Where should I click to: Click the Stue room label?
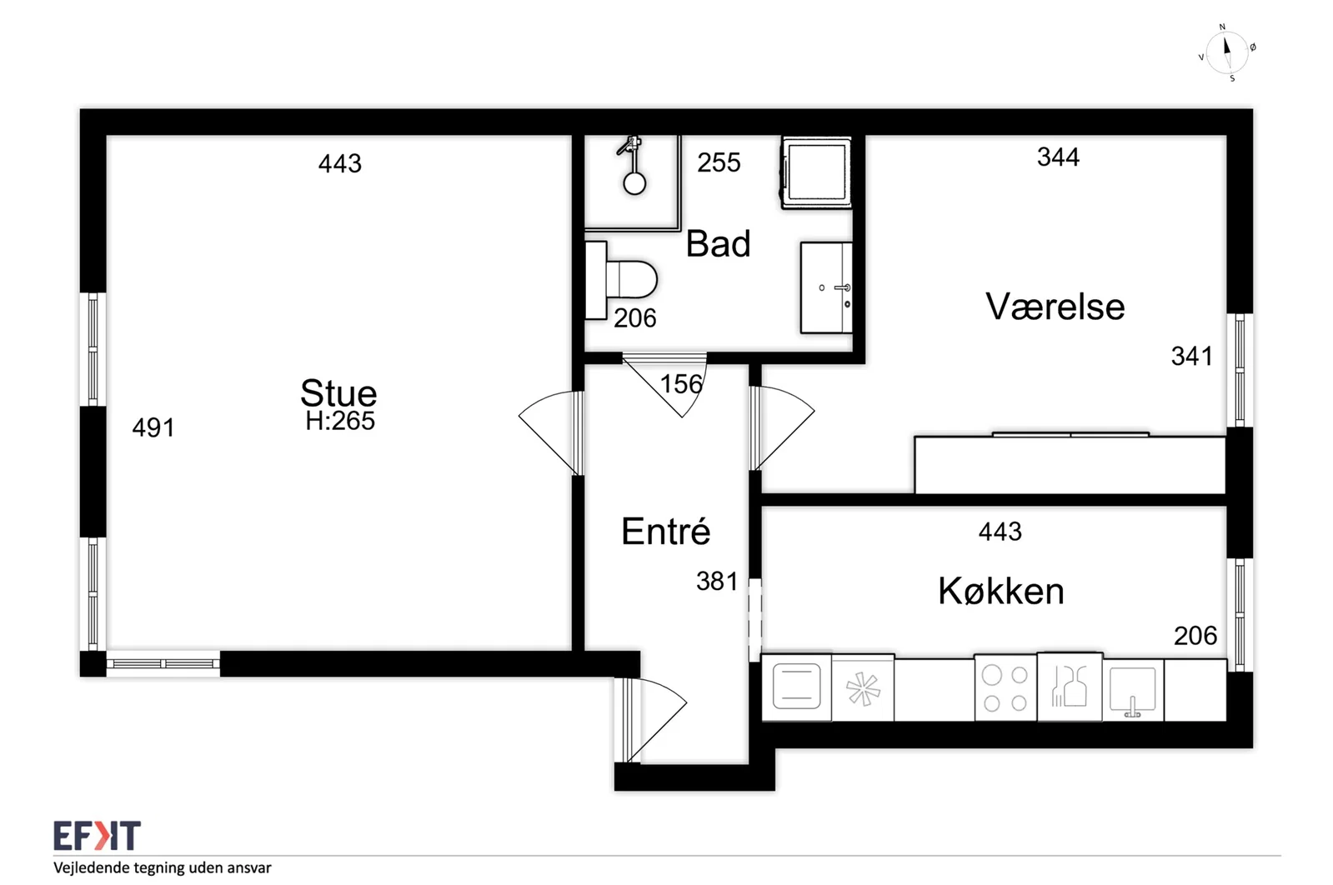pos(338,392)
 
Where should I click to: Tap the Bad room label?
pos(719,244)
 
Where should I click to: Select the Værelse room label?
pos(1055,307)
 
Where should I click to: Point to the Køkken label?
pos(1001,591)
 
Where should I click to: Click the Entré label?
pos(666,531)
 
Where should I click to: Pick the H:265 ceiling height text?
pos(340,421)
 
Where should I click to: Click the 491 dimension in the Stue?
pos(153,427)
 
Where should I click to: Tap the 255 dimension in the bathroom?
pos(719,162)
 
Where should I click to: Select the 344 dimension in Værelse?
pos(1058,157)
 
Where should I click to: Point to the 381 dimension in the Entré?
pos(717,581)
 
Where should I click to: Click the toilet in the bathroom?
pos(621,280)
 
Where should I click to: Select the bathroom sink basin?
pos(827,287)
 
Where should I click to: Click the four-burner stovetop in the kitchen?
pos(1005,689)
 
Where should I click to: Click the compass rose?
pos(1227,53)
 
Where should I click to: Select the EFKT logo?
pos(97,836)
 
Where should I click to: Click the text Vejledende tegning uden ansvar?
pos(163,867)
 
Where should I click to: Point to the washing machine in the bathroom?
pos(816,172)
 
